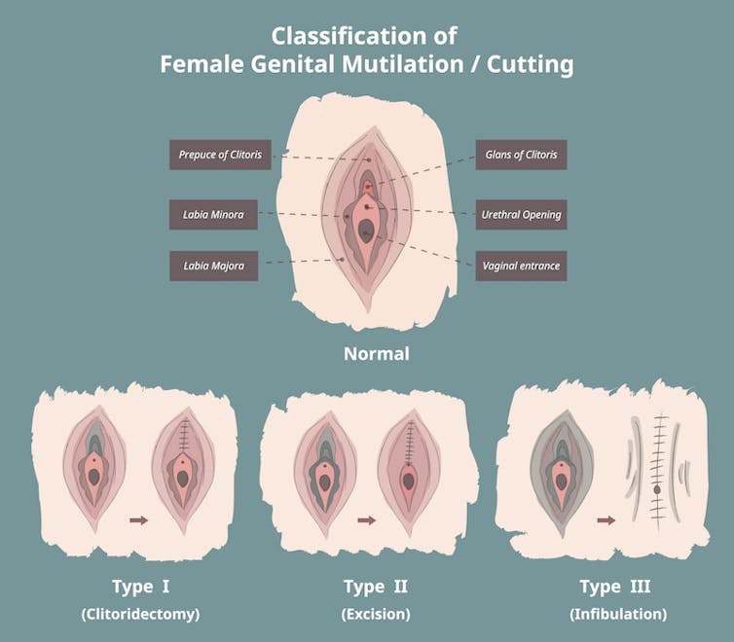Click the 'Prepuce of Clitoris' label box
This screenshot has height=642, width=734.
tap(213, 155)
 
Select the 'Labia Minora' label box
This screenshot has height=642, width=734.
tap(213, 214)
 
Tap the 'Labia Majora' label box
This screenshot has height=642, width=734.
tap(213, 265)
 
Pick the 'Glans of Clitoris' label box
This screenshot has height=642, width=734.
tap(520, 155)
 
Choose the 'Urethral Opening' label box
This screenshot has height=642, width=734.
tap(520, 214)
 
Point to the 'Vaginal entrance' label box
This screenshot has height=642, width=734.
tap(520, 265)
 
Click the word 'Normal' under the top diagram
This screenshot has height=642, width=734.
tap(376, 354)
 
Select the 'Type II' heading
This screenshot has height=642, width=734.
tap(377, 587)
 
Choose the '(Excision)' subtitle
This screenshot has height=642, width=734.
tap(377, 614)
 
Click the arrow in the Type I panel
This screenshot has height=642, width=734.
tap(138, 521)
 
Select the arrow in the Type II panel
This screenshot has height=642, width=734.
tap(366, 521)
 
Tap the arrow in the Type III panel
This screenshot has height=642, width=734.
tap(606, 520)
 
